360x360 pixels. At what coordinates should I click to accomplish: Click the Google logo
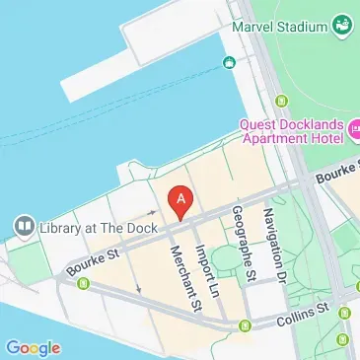(x=33, y=347)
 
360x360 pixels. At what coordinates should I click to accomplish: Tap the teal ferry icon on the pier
(x=229, y=64)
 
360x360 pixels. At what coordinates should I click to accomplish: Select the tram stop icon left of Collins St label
(x=245, y=324)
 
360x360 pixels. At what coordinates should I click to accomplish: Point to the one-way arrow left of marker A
(x=153, y=211)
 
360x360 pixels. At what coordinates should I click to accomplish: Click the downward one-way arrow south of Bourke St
(x=138, y=288)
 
